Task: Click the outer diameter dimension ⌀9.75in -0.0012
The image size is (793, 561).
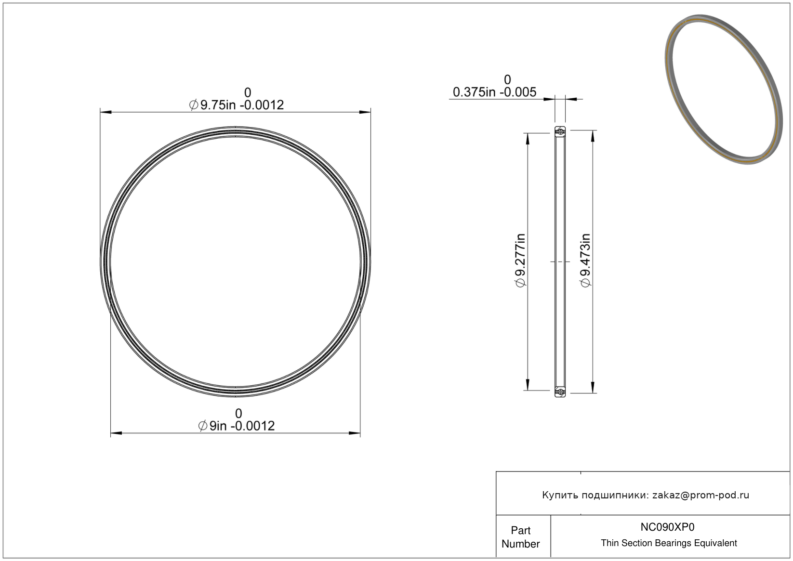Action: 237,105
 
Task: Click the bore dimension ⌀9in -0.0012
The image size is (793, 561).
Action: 237,426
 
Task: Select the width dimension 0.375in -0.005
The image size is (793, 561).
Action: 495,92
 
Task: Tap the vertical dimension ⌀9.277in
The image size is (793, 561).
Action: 520,261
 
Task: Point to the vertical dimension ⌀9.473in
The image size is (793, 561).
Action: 585,261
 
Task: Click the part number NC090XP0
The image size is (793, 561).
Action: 667,527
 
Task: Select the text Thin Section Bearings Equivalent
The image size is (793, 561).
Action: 669,543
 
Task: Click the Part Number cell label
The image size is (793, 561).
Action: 520,537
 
